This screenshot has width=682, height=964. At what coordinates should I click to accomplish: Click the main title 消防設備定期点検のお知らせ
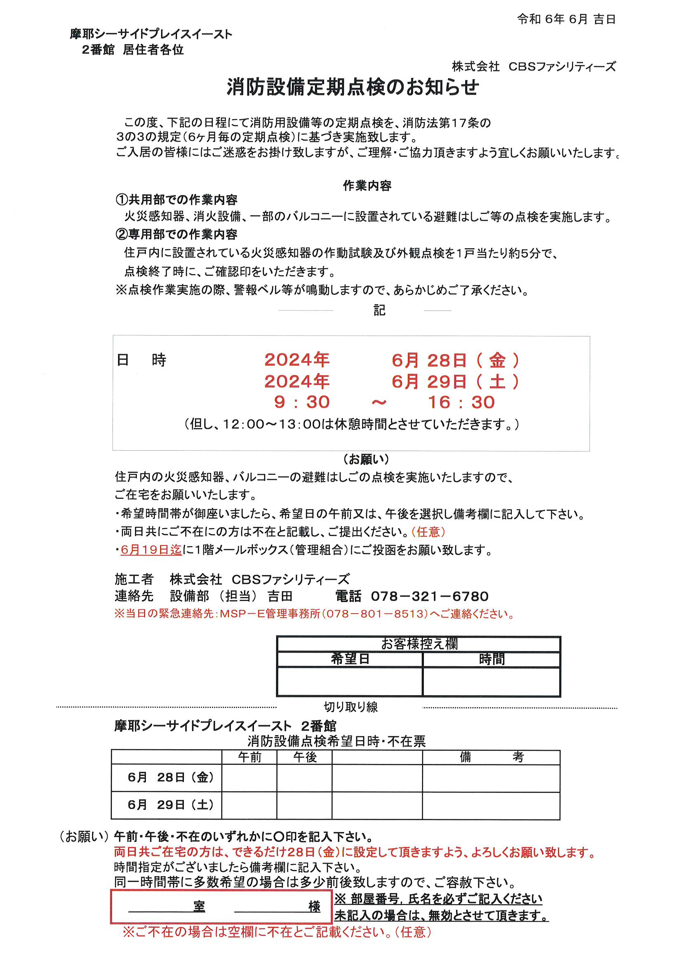pyautogui.click(x=352, y=87)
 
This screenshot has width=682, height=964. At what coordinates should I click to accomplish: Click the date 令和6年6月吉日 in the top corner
pyautogui.click(x=566, y=19)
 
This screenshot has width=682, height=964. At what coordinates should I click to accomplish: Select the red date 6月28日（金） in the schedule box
pyautogui.click(x=455, y=360)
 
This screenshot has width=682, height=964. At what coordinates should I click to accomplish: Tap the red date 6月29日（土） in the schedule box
pyautogui.click(x=455, y=381)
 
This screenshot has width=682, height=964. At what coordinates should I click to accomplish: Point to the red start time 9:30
pyautogui.click(x=301, y=402)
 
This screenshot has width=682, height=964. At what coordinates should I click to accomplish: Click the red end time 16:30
pyautogui.click(x=461, y=402)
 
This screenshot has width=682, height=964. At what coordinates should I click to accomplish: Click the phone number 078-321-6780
pyautogui.click(x=429, y=596)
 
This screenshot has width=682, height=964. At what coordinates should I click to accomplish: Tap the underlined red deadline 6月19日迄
pyautogui.click(x=151, y=550)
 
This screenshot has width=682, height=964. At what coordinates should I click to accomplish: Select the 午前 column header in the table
pyautogui.click(x=249, y=757)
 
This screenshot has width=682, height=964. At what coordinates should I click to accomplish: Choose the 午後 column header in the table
pyautogui.click(x=304, y=757)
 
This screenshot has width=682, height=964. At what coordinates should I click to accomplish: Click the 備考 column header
pyautogui.click(x=491, y=757)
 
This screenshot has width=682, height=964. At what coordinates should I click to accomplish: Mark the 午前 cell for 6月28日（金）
pyautogui.click(x=249, y=778)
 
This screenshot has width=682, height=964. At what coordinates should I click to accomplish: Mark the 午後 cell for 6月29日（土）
pyautogui.click(x=304, y=805)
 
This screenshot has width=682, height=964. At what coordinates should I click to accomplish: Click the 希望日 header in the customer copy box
pyautogui.click(x=350, y=659)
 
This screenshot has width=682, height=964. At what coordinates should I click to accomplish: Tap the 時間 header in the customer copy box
pyautogui.click(x=492, y=659)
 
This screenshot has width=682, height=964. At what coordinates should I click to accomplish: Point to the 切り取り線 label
pyautogui.click(x=350, y=707)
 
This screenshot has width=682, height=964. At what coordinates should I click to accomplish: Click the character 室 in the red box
pyautogui.click(x=199, y=906)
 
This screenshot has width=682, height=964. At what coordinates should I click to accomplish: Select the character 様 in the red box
pyautogui.click(x=314, y=906)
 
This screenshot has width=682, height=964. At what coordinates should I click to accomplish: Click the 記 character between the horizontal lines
pyautogui.click(x=379, y=310)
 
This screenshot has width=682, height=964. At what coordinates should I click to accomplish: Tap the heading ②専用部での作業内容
pyautogui.click(x=176, y=234)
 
